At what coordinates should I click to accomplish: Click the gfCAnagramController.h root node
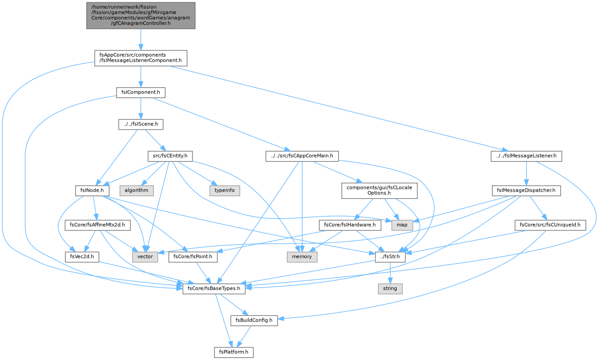(x=141, y=15)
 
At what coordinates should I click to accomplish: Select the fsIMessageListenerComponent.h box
(x=141, y=58)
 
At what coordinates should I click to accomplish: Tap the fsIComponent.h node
(x=141, y=93)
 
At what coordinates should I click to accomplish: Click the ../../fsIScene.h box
(x=141, y=125)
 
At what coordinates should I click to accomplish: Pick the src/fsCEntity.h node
(x=170, y=156)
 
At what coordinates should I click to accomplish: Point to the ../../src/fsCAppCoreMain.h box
(x=302, y=156)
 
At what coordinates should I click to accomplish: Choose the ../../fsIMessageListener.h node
(x=526, y=156)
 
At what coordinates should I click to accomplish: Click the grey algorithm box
(x=136, y=190)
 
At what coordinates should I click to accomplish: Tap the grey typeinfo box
(x=225, y=190)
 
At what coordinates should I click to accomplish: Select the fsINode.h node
(x=92, y=190)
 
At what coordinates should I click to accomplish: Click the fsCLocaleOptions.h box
(x=379, y=190)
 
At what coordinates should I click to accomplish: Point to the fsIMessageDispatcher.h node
(x=526, y=190)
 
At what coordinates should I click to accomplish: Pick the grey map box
(x=402, y=225)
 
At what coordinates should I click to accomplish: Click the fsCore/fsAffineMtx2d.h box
(x=97, y=225)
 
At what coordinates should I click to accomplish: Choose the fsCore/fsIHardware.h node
(x=350, y=225)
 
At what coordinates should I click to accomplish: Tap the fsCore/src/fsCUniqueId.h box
(x=550, y=225)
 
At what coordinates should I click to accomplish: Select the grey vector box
(x=145, y=257)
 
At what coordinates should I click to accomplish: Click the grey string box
(x=390, y=289)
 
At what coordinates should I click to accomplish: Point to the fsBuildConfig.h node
(x=254, y=320)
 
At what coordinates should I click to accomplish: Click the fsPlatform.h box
(x=233, y=352)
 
